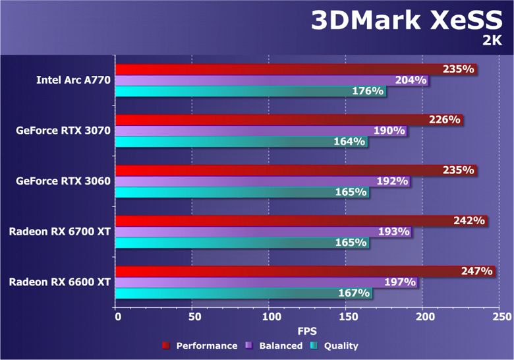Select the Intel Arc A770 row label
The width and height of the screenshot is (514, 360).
(73, 80)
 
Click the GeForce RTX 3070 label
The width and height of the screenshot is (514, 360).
(63, 131)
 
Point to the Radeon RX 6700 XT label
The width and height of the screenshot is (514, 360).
(59, 231)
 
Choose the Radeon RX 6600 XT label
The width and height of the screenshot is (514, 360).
(59, 282)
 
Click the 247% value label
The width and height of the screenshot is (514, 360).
(477, 271)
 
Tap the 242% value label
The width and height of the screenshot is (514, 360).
(469, 221)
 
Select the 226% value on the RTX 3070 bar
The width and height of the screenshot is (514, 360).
(444, 120)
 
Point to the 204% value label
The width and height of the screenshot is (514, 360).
(411, 80)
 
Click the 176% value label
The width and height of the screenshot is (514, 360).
(368, 92)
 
